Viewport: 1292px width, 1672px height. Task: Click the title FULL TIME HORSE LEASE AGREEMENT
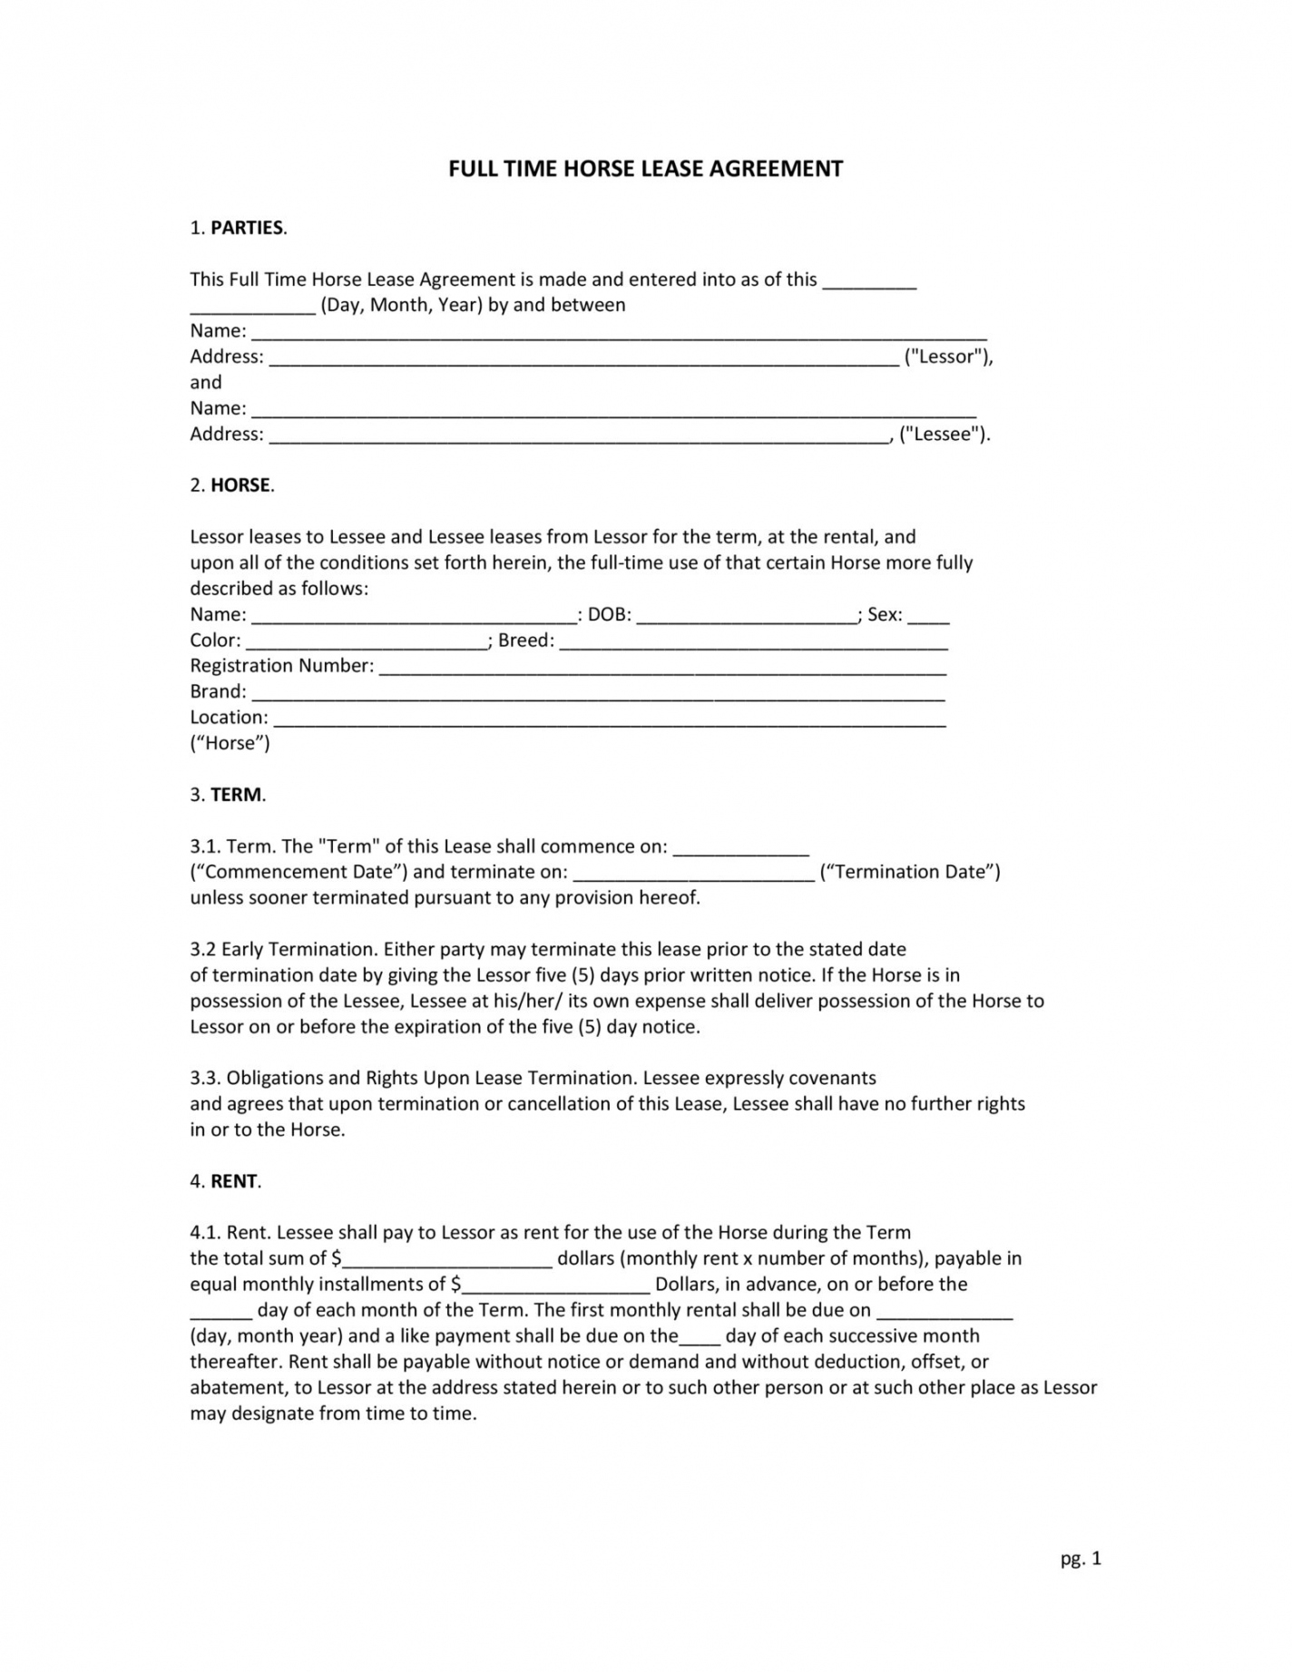click(x=645, y=169)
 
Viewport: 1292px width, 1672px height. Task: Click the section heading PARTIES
click(x=248, y=228)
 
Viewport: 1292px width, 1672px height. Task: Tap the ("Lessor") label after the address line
click(x=948, y=357)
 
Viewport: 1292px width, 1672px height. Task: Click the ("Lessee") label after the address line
click(x=944, y=434)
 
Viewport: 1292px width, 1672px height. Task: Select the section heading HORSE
click(x=240, y=485)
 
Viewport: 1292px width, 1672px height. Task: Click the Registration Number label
click(x=281, y=666)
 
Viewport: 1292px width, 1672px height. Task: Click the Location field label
click(x=229, y=718)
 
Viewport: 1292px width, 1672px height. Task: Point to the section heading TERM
click(x=237, y=795)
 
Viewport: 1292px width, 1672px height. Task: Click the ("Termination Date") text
click(x=909, y=872)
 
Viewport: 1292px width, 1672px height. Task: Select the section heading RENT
click(x=234, y=1181)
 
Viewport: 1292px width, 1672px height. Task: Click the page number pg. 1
click(x=1080, y=1559)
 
